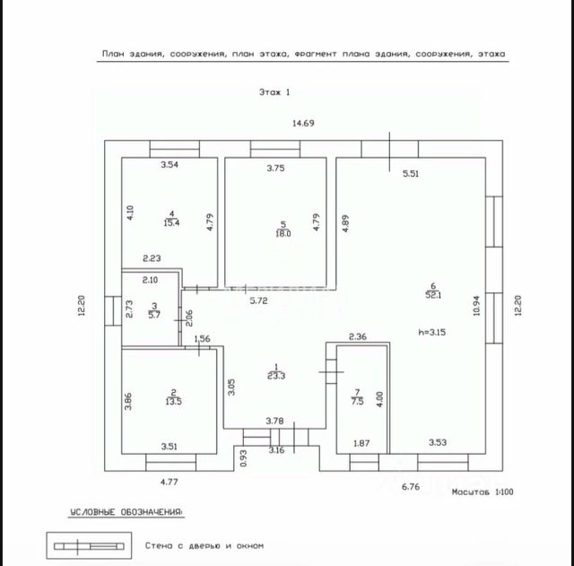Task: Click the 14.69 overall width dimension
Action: [302, 123]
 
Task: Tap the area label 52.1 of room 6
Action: [435, 294]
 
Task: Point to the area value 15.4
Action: [170, 222]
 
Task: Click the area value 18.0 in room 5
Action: [283, 232]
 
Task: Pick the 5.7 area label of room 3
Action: [153, 316]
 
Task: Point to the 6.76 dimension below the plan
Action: [411, 486]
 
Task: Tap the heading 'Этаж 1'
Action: [274, 91]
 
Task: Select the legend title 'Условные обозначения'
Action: [126, 512]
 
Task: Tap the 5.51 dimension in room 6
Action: [411, 173]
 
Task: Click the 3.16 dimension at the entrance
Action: [275, 449]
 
